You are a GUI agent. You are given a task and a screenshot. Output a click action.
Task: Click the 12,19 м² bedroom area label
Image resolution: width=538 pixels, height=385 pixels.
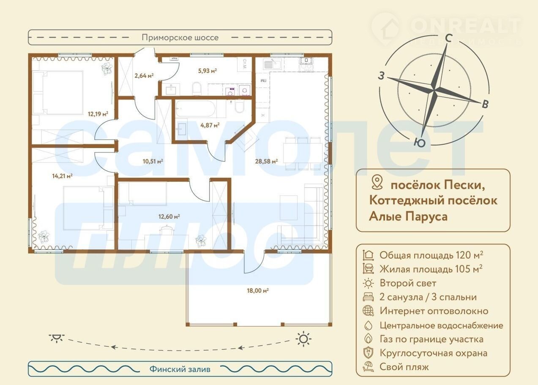point(98,114)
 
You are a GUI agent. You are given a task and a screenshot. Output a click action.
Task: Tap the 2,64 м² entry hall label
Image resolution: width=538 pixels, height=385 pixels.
point(144,76)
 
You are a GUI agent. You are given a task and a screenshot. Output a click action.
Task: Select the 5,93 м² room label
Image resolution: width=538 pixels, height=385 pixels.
point(207,71)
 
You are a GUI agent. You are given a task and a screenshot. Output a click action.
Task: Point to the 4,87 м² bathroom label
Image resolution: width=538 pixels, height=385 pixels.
point(210,125)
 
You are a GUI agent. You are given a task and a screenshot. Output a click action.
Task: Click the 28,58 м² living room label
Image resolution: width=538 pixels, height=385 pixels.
point(266,161)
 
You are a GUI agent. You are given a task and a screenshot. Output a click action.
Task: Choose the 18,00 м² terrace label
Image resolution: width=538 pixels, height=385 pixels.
point(258,291)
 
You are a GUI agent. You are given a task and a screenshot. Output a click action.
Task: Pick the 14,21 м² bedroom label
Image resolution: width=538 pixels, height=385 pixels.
point(63,176)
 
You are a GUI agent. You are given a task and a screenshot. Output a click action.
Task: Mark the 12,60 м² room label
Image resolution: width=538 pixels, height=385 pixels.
point(169,217)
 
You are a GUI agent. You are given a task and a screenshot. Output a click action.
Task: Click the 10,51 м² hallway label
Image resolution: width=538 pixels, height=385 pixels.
point(153,161)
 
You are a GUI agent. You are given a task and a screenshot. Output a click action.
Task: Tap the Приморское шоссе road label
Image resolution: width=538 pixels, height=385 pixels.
point(180,38)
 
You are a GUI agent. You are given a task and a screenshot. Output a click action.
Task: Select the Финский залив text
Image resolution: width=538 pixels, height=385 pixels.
point(180,369)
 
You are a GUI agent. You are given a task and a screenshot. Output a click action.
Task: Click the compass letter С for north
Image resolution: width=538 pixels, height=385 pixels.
point(448,38)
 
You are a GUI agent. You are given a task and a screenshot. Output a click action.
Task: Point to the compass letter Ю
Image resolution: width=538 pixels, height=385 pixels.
point(420,143)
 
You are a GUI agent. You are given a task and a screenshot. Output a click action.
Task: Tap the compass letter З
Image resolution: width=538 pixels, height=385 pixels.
point(381,76)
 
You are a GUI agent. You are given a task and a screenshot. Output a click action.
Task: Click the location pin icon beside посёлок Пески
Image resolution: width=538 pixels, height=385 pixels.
point(377,182)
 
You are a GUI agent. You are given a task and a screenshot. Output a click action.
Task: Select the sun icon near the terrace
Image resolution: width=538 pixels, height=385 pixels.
point(303,339)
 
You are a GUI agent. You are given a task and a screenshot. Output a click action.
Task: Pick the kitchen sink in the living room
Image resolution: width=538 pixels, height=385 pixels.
point(272,64)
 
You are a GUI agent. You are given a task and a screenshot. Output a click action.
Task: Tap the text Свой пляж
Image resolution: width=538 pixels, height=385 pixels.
point(404,367)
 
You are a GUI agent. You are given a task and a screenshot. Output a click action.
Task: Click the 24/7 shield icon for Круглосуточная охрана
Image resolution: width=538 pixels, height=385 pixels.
point(368,353)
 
